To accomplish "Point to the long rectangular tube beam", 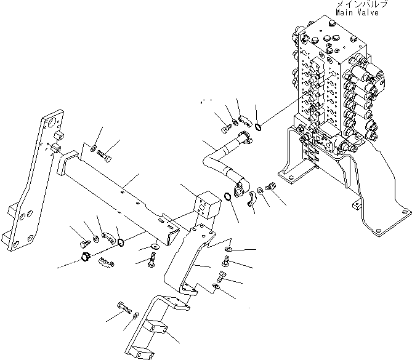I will [x=123, y=190].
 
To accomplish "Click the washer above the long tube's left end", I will [x=92, y=148].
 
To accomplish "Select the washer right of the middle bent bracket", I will [x=228, y=249].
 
